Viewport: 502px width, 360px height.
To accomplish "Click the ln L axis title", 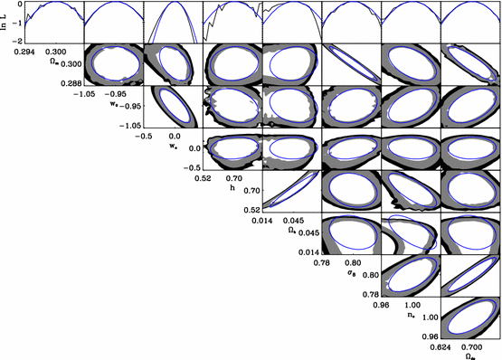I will pos(5,22).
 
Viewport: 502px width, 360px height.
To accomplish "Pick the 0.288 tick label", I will pos(69,82).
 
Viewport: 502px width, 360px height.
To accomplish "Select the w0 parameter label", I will pos(115,103).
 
